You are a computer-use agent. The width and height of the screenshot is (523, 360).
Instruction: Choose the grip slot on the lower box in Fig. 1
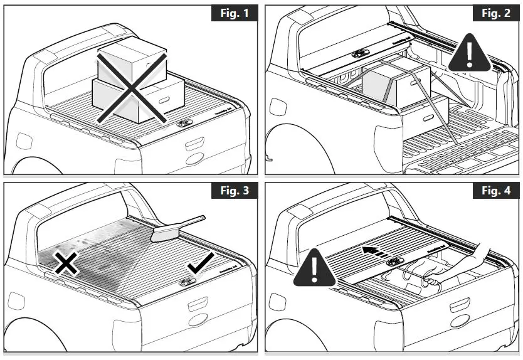coord(166,100)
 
